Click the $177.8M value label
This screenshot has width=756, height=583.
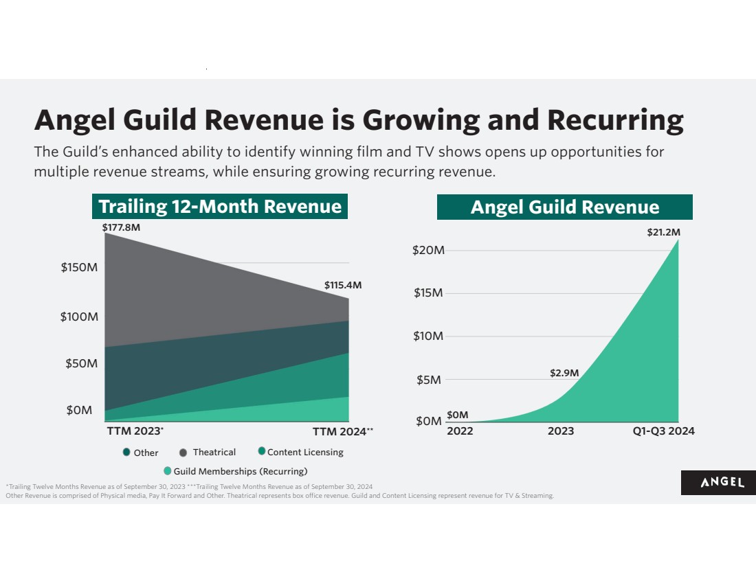click(121, 227)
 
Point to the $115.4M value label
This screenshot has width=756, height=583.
click(342, 285)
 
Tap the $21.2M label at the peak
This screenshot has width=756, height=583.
click(663, 233)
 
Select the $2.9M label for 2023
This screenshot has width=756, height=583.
click(564, 373)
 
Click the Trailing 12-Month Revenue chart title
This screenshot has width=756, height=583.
click(220, 207)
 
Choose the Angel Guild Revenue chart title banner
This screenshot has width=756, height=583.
click(564, 207)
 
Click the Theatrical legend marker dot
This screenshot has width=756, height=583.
click(184, 453)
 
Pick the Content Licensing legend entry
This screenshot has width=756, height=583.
click(300, 452)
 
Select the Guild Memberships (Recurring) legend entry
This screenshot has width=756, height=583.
click(235, 471)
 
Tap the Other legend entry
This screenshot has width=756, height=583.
click(141, 453)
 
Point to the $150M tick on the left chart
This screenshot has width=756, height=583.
click(79, 267)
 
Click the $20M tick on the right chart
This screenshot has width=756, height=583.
click(428, 250)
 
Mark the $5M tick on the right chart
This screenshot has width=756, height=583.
click(429, 380)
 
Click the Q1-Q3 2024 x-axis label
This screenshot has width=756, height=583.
click(663, 431)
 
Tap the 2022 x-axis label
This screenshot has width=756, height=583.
click(460, 431)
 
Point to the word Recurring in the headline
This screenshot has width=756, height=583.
click(615, 119)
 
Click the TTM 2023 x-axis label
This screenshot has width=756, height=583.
click(135, 432)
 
